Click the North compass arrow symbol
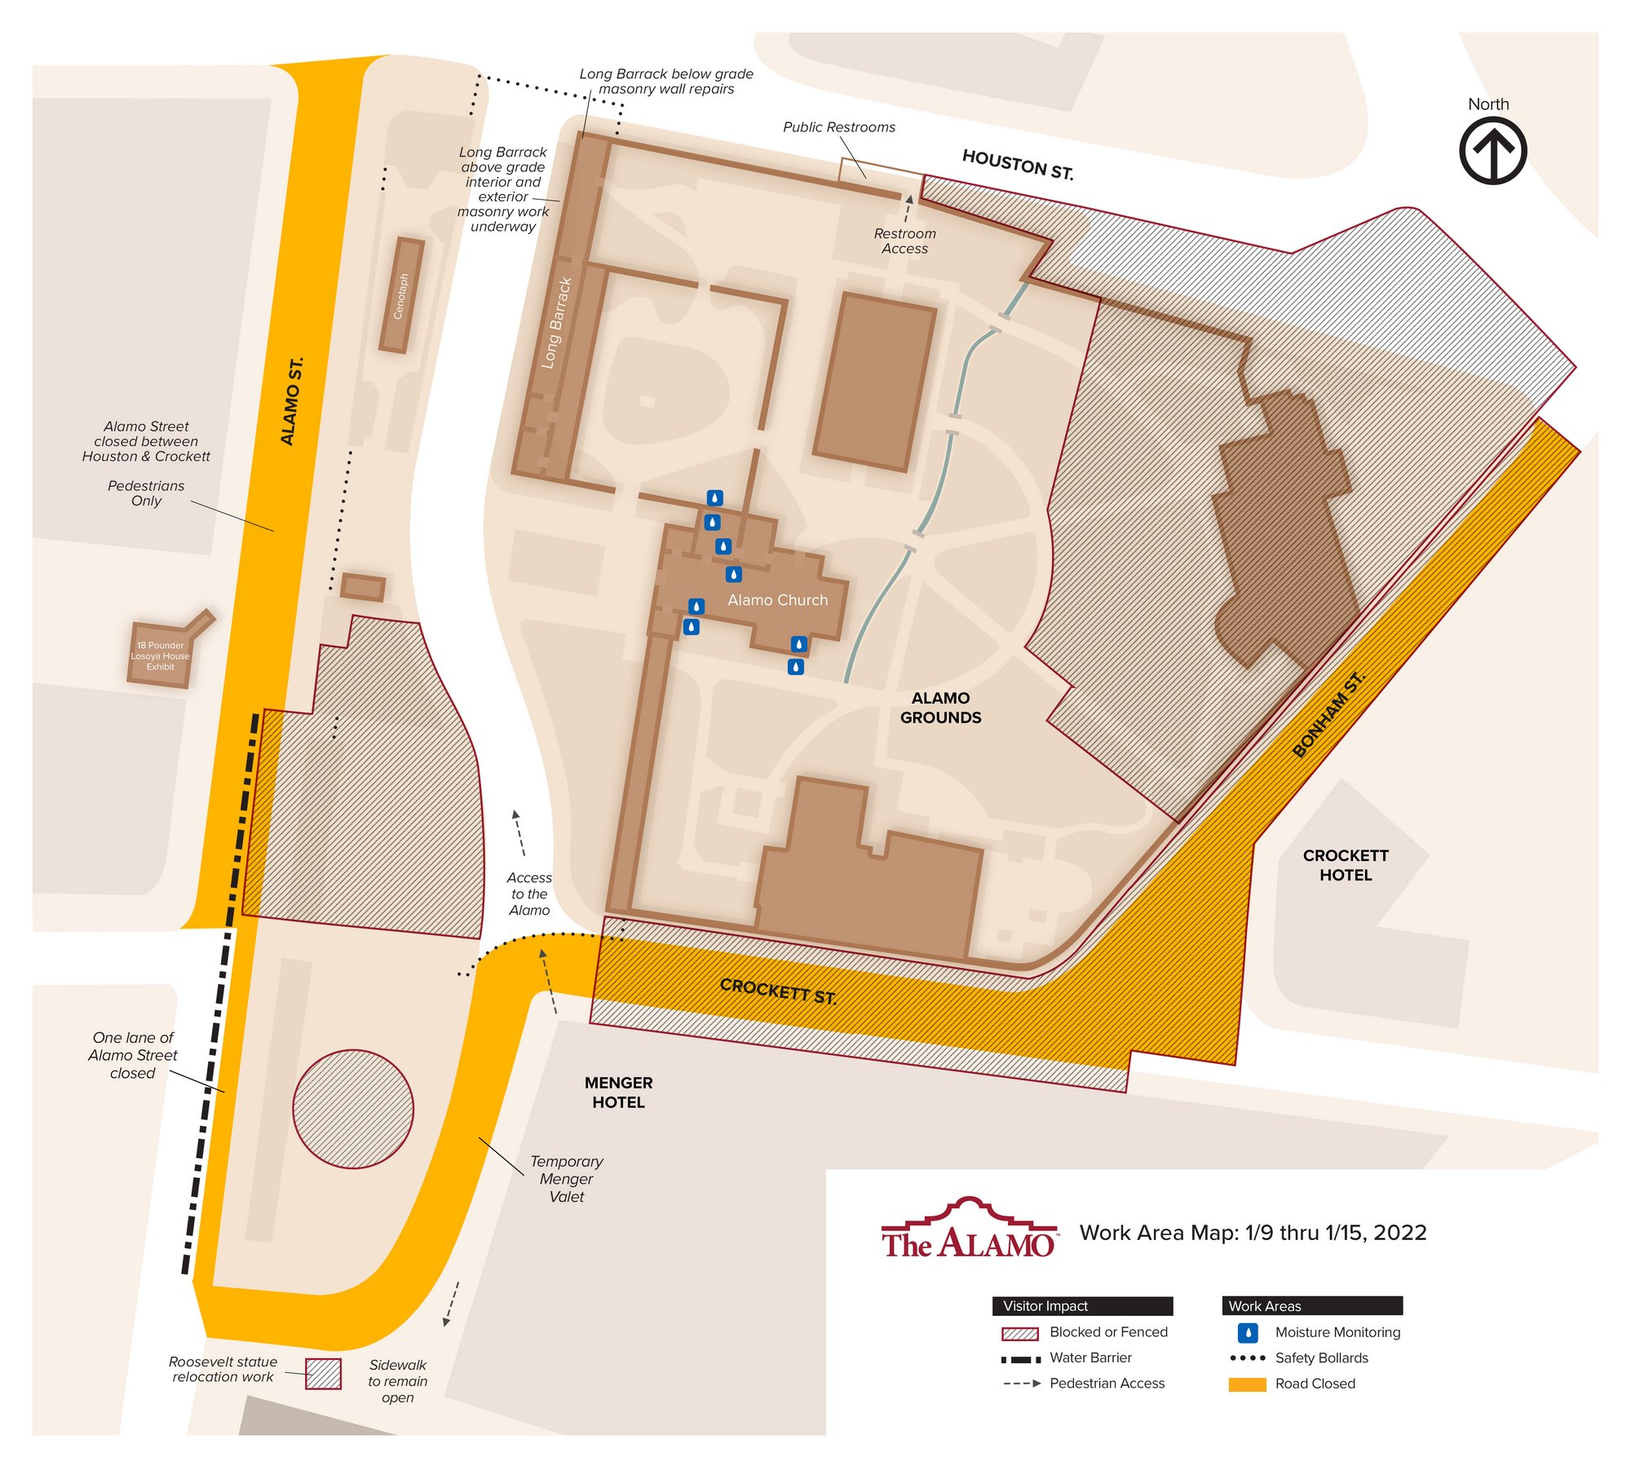click(1492, 151)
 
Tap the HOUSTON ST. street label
click(1017, 164)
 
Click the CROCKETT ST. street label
click(778, 991)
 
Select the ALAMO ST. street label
click(291, 401)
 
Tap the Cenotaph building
click(402, 295)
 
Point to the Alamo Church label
click(777, 600)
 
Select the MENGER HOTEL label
click(618, 1092)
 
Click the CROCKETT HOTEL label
click(1346, 865)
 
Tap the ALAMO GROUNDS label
click(940, 708)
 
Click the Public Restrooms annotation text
click(838, 127)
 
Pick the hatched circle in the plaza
click(353, 1109)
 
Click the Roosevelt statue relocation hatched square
click(323, 1374)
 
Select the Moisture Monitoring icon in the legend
click(1248, 1332)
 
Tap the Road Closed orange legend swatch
click(1247, 1384)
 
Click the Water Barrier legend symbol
click(1020, 1359)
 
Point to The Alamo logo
click(969, 1229)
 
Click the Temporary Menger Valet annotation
click(566, 1179)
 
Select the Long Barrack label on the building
click(557, 323)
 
